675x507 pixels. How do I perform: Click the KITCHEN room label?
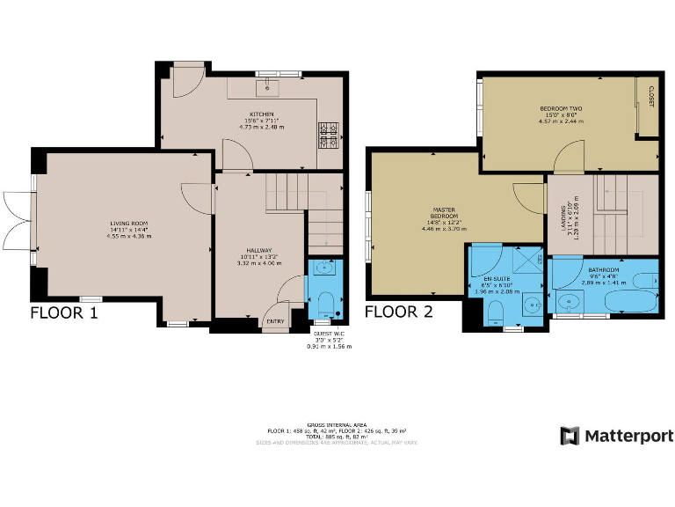point(262,114)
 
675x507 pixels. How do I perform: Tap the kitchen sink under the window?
point(268,87)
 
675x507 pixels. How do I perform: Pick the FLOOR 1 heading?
point(64,312)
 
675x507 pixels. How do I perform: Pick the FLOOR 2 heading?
point(398,312)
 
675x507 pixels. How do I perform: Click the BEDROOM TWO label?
point(560,108)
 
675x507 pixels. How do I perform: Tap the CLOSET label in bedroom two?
point(651,96)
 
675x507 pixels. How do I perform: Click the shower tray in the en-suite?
point(526,261)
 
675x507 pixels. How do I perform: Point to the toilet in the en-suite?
point(495,312)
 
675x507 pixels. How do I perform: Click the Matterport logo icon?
point(570,436)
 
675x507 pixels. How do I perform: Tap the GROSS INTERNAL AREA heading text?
point(337,423)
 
